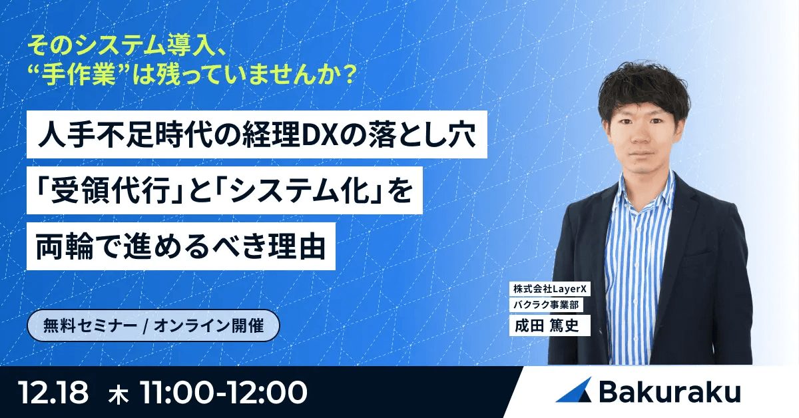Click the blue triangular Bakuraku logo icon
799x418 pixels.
pyautogui.click(x=574, y=391)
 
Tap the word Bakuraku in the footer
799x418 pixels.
pyautogui.click(x=669, y=391)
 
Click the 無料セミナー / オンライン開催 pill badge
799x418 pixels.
pyautogui.click(x=152, y=325)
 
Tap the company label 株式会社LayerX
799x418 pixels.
pyautogui.click(x=547, y=289)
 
